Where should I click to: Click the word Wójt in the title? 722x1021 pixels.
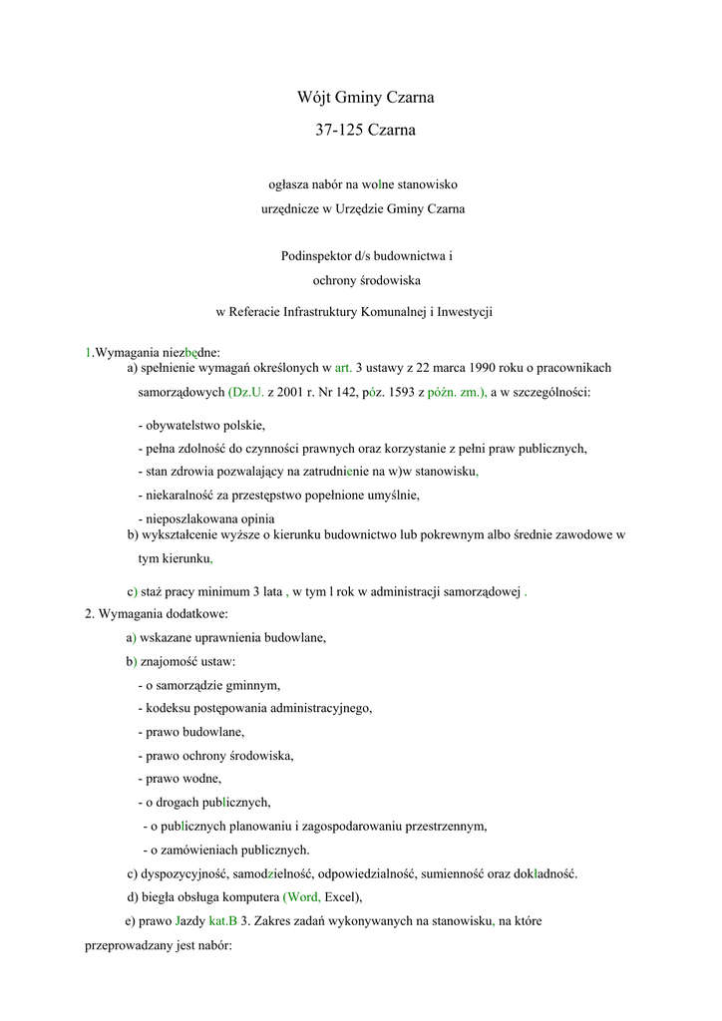(x=315, y=98)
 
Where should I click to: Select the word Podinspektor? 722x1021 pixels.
(x=314, y=256)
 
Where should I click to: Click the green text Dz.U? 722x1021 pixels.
(x=246, y=393)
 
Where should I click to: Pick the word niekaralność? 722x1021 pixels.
(x=180, y=495)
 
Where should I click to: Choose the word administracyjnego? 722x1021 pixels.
(x=313, y=708)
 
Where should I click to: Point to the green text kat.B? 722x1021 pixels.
(x=223, y=921)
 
